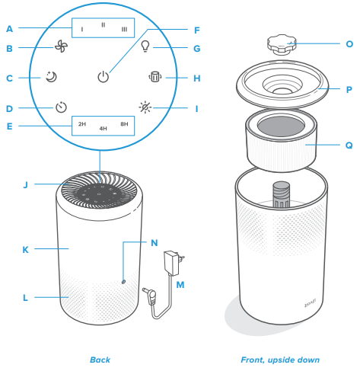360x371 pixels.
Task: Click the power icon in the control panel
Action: [x=104, y=76]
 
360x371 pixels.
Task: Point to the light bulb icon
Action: [x=145, y=46]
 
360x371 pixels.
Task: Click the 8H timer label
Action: [x=125, y=123]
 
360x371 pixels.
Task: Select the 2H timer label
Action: [x=81, y=123]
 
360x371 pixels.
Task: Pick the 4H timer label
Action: [x=104, y=130]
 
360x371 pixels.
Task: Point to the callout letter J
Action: [x=25, y=184]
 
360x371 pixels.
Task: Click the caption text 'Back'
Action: [x=100, y=359]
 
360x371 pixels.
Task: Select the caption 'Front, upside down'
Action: [x=279, y=359]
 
